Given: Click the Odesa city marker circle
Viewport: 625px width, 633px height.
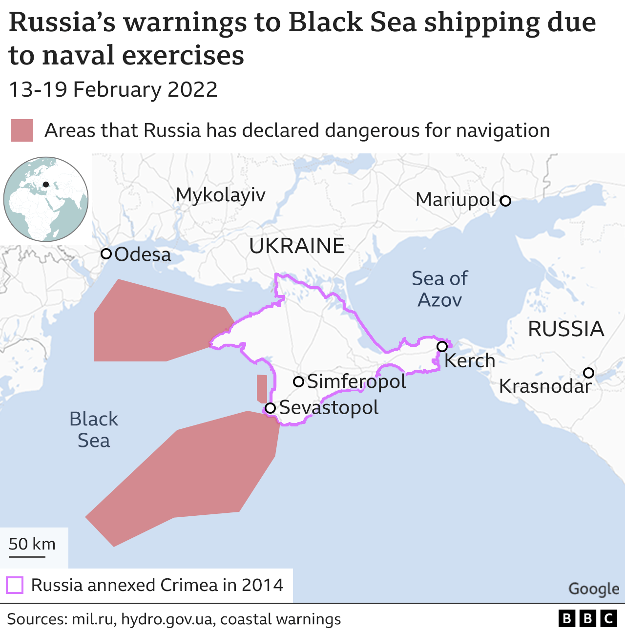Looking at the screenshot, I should point(106,253).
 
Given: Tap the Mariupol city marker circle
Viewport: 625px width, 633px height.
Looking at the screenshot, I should point(506,200).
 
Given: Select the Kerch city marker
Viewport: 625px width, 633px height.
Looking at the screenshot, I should point(442,346).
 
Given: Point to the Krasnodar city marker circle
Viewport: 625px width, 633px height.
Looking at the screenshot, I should point(589,373).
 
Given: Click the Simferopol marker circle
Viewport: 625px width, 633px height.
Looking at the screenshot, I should point(299,381).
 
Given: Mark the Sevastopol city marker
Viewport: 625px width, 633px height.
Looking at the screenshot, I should point(270,408).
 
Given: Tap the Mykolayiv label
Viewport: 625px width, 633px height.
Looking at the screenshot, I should point(220,195).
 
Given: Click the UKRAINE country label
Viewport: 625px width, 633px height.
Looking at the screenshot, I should point(297,246).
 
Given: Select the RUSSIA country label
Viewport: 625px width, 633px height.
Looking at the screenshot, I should point(566,329).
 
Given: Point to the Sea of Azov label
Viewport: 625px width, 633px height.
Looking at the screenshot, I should point(439,289).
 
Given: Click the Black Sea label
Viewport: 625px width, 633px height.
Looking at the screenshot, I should point(93,429).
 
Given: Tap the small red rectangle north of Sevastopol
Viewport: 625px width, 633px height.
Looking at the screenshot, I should point(262,388).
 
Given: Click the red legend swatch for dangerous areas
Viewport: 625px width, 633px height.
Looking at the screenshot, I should point(22,130).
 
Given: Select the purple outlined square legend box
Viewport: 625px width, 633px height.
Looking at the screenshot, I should point(15,585).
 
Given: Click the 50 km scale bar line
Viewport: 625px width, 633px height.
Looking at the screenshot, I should point(27,556).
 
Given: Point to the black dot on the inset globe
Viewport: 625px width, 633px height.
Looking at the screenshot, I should point(46,184).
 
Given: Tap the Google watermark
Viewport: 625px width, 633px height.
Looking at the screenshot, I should point(594,589).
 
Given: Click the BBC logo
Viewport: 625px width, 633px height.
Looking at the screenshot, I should point(587,619).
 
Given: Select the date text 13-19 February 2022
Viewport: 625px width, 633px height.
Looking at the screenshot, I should point(113,90).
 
